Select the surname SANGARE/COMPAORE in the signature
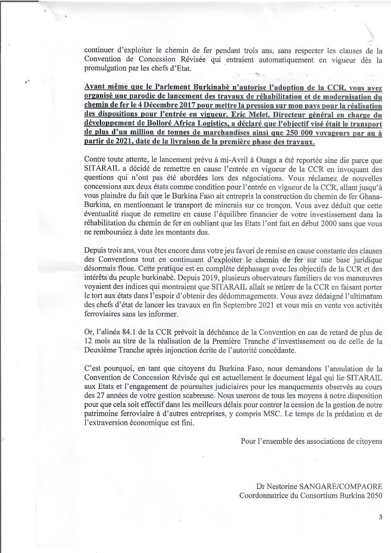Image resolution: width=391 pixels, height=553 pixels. (x=332, y=486)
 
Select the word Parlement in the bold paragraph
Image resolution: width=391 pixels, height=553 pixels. (x=157, y=87)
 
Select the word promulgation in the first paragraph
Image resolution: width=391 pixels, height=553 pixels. (x=108, y=69)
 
